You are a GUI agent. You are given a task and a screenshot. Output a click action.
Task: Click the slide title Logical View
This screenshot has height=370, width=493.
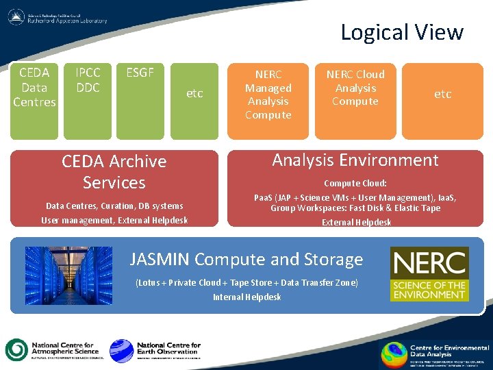402,32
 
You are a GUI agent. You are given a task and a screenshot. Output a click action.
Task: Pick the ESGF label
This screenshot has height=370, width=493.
140,73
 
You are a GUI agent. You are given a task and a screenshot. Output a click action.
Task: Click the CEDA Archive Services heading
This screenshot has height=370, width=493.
114,172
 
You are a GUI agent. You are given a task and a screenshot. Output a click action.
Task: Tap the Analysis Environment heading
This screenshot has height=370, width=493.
355,160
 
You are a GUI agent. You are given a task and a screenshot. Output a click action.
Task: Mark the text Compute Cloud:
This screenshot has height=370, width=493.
355,183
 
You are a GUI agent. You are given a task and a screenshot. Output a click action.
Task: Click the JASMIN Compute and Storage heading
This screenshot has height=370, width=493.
246,259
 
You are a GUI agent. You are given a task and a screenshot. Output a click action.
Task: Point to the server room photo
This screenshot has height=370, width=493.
68,275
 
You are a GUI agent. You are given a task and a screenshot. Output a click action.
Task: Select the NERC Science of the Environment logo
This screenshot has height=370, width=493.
429,274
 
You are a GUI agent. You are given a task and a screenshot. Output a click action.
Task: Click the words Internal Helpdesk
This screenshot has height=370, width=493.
246,297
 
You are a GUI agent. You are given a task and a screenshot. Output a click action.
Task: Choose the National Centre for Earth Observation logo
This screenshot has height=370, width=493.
155,350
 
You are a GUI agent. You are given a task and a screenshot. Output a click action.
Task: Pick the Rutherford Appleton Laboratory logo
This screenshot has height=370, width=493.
58,17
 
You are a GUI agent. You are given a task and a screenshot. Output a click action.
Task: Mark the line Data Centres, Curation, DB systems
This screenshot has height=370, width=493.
114,206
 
